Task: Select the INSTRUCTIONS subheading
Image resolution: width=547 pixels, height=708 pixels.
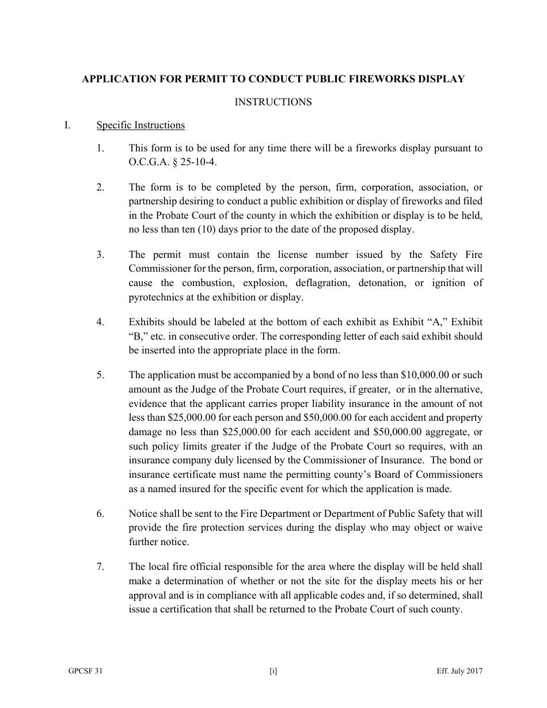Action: tap(273, 102)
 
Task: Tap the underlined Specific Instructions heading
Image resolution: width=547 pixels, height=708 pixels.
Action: tap(140, 125)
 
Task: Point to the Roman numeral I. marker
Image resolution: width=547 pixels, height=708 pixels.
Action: tap(67, 125)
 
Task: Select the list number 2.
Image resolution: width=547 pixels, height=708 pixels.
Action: tap(100, 187)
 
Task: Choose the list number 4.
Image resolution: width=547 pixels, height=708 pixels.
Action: tap(100, 322)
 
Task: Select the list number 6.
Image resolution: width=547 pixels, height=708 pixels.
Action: tap(100, 513)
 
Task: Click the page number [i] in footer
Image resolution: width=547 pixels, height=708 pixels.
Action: tap(273, 671)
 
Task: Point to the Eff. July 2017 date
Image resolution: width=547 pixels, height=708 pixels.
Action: tap(459, 671)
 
